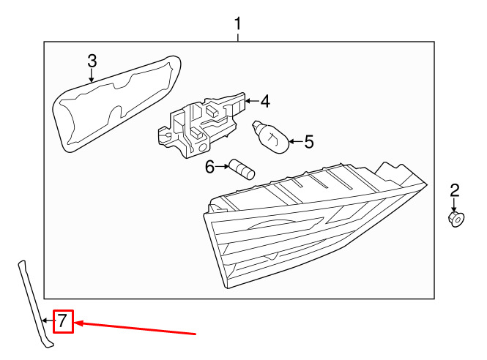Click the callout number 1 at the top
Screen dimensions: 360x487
pyautogui.click(x=238, y=25)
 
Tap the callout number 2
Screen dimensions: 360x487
pyautogui.click(x=454, y=192)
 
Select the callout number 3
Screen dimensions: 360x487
pyautogui.click(x=92, y=61)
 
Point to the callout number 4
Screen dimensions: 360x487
pyautogui.click(x=265, y=101)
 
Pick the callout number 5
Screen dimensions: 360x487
pyautogui.click(x=308, y=141)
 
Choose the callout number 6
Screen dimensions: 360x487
pyautogui.click(x=210, y=168)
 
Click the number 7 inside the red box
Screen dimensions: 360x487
pyautogui.click(x=63, y=320)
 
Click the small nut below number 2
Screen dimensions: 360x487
pyautogui.click(x=456, y=218)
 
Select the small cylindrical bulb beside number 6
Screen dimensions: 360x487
pyautogui.click(x=241, y=169)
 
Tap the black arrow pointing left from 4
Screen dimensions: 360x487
pyautogui.click(x=250, y=100)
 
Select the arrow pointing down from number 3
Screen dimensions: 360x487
pyautogui.click(x=92, y=76)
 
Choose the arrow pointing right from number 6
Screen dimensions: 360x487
pyautogui.click(x=223, y=168)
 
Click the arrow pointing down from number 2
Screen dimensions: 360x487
pyautogui.click(x=454, y=206)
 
